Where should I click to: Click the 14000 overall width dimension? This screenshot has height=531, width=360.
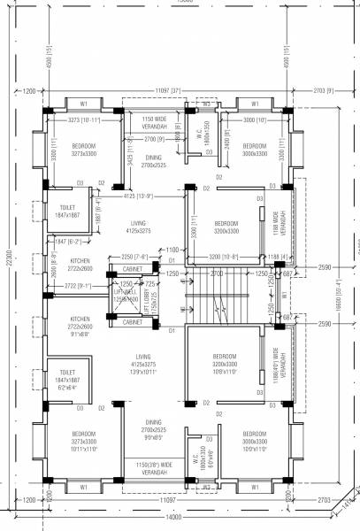171,517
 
